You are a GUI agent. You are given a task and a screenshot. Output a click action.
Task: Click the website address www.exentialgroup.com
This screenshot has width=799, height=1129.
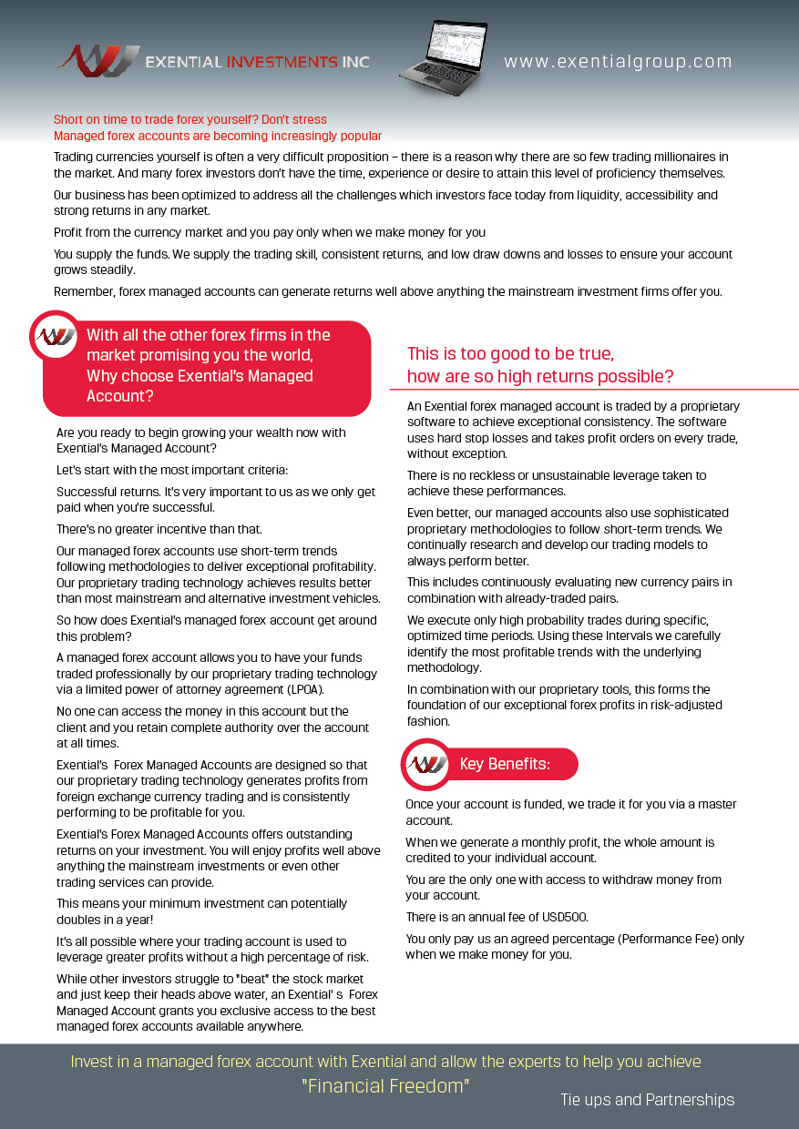click(618, 62)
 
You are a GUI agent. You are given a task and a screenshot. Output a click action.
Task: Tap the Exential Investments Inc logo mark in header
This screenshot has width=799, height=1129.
click(98, 60)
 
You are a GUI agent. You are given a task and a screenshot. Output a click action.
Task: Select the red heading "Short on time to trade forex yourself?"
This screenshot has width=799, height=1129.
click(190, 119)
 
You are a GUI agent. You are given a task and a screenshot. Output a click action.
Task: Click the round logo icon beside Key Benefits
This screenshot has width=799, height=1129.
click(425, 764)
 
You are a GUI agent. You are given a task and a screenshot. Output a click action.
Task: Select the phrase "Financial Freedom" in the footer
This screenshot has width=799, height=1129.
click(385, 1086)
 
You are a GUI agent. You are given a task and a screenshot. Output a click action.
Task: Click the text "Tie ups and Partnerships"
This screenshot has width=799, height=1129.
click(647, 1100)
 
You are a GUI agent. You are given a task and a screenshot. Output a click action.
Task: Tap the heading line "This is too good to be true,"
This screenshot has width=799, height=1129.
click(510, 353)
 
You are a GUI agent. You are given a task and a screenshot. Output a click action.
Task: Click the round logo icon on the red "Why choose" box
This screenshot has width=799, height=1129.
click(55, 335)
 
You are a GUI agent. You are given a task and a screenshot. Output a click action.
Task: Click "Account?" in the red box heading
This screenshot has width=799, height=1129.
click(119, 396)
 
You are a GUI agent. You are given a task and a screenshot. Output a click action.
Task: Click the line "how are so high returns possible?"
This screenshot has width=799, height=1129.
click(540, 376)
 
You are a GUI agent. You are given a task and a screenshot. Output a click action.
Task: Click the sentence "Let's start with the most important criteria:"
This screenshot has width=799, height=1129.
click(172, 470)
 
